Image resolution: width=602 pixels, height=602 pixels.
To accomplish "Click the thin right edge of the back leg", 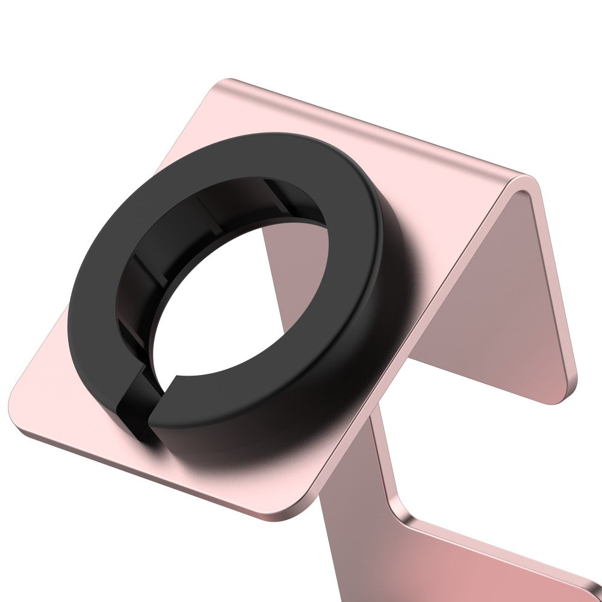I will [557, 283].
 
